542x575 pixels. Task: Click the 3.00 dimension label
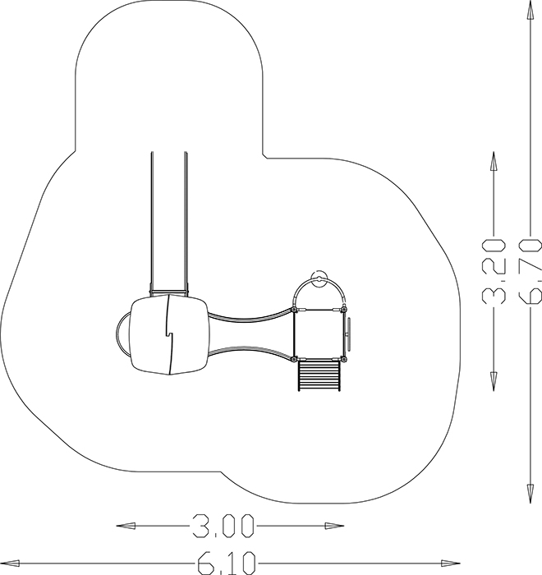(223, 526)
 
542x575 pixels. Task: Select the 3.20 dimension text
(494, 271)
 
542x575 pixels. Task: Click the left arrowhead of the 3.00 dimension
(126, 526)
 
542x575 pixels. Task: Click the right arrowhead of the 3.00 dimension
(334, 526)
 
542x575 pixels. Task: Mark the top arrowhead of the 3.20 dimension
(494, 161)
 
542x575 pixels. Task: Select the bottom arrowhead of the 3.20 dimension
(494, 381)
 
